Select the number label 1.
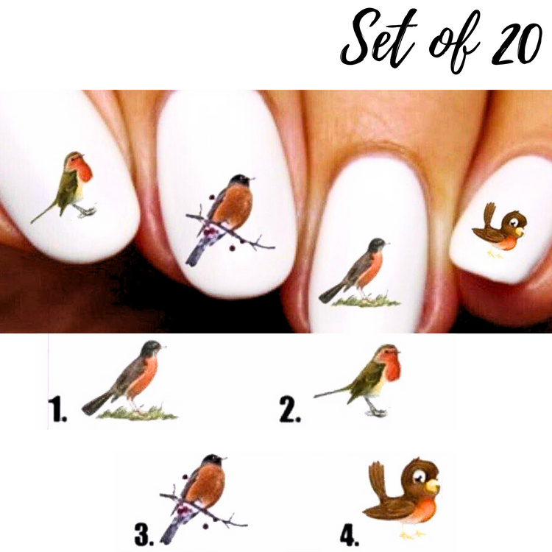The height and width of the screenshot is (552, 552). tap(57, 409)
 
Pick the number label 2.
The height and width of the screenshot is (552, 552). tap(290, 409)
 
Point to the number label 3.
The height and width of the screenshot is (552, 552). tap(144, 535)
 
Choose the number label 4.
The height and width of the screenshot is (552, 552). tap(349, 536)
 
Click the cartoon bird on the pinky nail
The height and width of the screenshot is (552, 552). tap(500, 230)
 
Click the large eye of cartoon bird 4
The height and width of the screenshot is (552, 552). tap(420, 477)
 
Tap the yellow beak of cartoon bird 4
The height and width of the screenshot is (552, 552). tap(433, 486)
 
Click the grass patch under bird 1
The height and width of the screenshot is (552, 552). tap(138, 414)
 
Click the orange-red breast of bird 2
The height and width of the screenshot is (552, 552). tap(392, 366)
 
